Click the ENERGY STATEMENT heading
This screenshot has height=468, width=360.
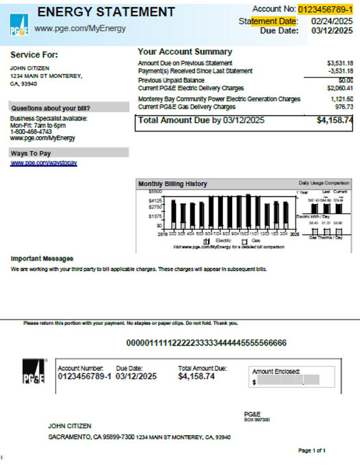[x=106, y=12]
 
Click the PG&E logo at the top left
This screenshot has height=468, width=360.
[x=19, y=28]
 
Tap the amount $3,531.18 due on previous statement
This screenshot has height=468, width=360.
[x=339, y=63]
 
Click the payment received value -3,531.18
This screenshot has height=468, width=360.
[x=339, y=71]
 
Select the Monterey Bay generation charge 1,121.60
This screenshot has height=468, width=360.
[x=339, y=99]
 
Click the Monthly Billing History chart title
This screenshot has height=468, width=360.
[x=172, y=184]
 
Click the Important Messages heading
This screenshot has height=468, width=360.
[x=42, y=259]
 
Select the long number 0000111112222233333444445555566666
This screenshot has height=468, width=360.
[x=206, y=343]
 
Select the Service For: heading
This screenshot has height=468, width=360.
[x=34, y=55]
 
